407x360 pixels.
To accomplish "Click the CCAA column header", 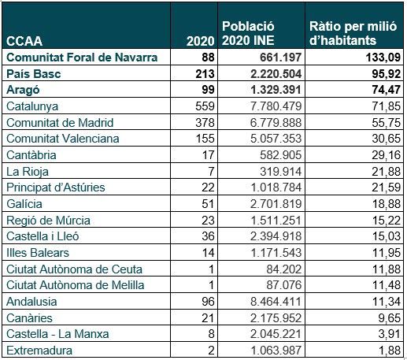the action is pyautogui.click(x=24, y=41).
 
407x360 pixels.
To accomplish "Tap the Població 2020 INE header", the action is pyautogui.click(x=248, y=33).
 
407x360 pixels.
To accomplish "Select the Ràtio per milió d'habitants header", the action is pyautogui.click(x=353, y=33).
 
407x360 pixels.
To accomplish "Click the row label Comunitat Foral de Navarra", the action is pyautogui.click(x=82, y=58).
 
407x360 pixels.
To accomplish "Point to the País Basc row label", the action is pyautogui.click(x=34, y=74).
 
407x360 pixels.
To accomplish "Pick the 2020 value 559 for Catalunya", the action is pyautogui.click(x=205, y=106).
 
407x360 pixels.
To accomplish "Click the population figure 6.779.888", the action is pyautogui.click(x=276, y=123).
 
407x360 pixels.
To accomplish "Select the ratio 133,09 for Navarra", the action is pyautogui.click(x=383, y=58).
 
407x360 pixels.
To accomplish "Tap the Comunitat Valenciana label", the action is pyautogui.click(x=63, y=139).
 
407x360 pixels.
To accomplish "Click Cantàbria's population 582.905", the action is pyautogui.click(x=280, y=155).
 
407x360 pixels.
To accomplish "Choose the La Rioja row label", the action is pyautogui.click(x=28, y=172).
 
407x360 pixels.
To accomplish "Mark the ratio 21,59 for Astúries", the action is pyautogui.click(x=386, y=187).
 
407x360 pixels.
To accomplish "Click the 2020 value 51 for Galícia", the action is pyautogui.click(x=208, y=204).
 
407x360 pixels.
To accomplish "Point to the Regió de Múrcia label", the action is pyautogui.click(x=48, y=221).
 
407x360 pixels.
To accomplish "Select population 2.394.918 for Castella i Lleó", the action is pyautogui.click(x=276, y=236).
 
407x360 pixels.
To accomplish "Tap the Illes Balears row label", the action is pyautogui.click(x=38, y=253).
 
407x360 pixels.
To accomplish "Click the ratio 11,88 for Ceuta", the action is pyautogui.click(x=386, y=269).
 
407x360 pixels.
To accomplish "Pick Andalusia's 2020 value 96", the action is pyautogui.click(x=208, y=302).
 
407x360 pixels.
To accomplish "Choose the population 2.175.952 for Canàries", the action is pyautogui.click(x=276, y=318).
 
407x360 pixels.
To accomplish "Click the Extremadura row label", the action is pyautogui.click(x=39, y=351).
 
